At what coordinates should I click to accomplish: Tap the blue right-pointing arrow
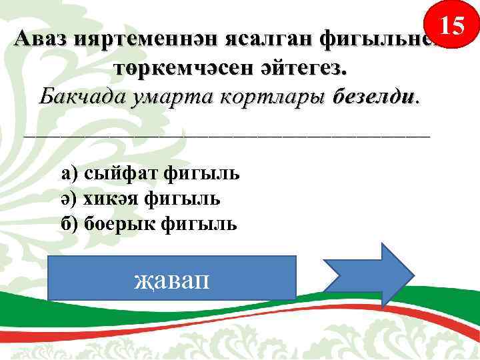pyautogui.click(x=369, y=275)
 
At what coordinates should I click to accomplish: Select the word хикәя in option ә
pyautogui.click(x=113, y=198)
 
